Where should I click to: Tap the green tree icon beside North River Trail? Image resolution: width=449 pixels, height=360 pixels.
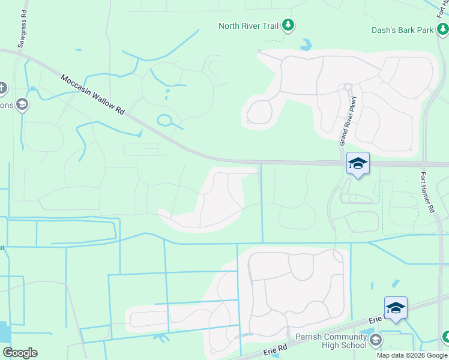coord(289,25)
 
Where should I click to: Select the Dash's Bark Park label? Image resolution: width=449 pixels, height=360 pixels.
coord(402,29)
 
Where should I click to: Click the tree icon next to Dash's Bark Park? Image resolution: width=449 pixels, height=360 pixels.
coord(442,29)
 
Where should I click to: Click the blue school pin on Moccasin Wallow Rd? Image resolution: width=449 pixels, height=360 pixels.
coord(358,164)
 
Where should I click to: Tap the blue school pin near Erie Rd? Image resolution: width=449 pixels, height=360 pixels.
coord(396,308)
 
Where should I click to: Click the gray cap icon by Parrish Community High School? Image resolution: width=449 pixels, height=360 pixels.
coord(376,341)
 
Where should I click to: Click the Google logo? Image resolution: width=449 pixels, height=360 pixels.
coord(20,353)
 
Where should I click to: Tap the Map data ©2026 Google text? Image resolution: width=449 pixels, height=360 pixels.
coord(412,355)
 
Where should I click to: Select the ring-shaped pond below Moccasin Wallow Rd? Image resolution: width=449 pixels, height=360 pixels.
coord(165,120)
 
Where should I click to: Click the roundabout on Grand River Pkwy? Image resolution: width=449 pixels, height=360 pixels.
coord(347,87)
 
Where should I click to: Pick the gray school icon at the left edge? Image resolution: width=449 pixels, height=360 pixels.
coord(22,105)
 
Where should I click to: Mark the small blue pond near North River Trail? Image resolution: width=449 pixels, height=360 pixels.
coord(306,44)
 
